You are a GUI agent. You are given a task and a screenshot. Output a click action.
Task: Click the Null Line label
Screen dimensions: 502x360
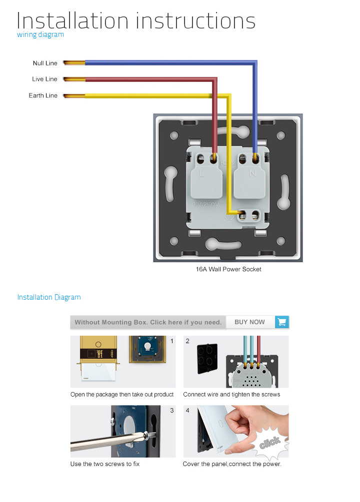pyautogui.click(x=45, y=63)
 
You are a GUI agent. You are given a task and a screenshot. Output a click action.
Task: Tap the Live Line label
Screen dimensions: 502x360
pyautogui.click(x=44, y=79)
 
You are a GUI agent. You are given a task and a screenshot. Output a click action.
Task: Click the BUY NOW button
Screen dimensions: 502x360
pyautogui.click(x=249, y=322)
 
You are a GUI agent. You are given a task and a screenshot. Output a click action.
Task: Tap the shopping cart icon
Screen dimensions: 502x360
pyautogui.click(x=282, y=322)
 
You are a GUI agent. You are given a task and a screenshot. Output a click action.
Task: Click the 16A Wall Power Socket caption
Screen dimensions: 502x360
pyautogui.click(x=228, y=269)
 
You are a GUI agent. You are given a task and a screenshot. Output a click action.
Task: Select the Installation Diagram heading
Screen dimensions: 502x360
pyautogui.click(x=49, y=297)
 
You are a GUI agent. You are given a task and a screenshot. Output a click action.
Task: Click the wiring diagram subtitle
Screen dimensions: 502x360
pyautogui.click(x=40, y=34)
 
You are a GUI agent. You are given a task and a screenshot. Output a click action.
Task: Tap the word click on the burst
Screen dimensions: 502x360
pyautogui.click(x=270, y=443)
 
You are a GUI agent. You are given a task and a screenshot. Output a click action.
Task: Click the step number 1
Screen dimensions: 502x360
pyautogui.click(x=172, y=341)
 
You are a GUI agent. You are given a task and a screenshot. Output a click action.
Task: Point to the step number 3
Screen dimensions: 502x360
pyautogui.click(x=172, y=411)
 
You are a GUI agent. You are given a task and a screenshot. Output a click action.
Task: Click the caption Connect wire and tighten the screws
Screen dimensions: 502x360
pyautogui.click(x=231, y=395)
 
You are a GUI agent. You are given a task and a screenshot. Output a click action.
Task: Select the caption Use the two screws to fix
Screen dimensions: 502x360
pyautogui.click(x=105, y=464)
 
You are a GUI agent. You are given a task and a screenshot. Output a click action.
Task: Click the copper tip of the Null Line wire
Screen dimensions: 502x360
pyautogui.click(x=74, y=63)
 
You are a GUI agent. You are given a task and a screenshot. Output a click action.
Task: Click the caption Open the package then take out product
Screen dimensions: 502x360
pyautogui.click(x=122, y=395)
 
